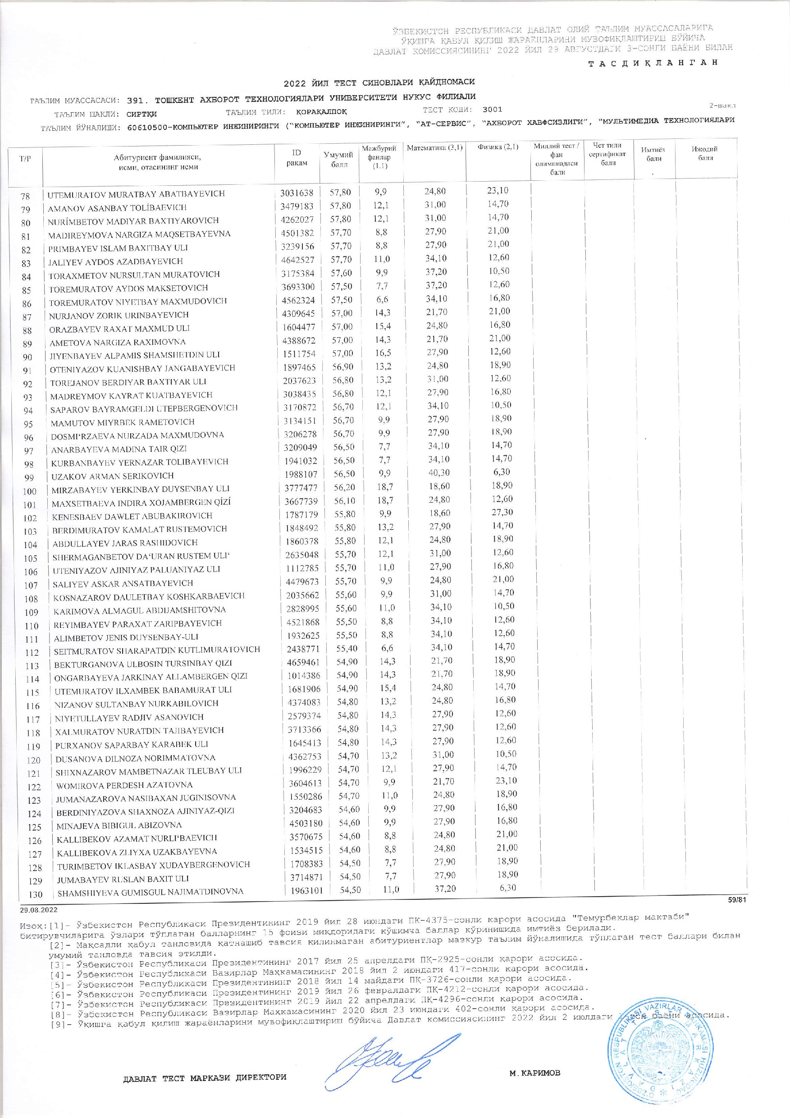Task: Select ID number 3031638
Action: pyautogui.click(x=297, y=192)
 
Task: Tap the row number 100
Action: pyautogui.click(x=30, y=491)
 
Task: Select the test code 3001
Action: pyautogui.click(x=492, y=110)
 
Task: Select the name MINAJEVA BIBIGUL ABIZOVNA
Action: pyautogui.click(x=119, y=825)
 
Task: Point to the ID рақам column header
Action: pyautogui.click(x=297, y=158)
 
